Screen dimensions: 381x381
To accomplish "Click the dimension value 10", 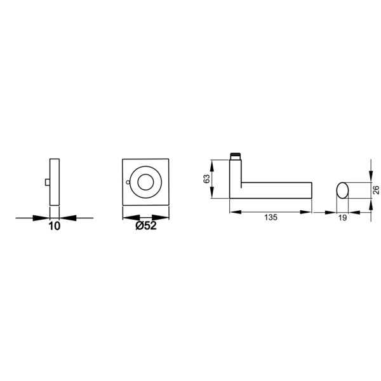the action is (x=55, y=226).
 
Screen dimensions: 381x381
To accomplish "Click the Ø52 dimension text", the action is (x=146, y=226).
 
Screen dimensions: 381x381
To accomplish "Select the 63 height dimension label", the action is (x=206, y=179).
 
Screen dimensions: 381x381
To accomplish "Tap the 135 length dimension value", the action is (x=271, y=217).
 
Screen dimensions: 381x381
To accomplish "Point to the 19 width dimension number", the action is (x=342, y=218).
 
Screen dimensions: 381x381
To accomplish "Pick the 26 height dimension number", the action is (x=376, y=190).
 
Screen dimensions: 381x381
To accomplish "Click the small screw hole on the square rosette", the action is (x=128, y=182).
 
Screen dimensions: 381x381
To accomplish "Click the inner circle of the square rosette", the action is (x=145, y=182).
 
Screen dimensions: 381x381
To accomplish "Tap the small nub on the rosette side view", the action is (x=48, y=182).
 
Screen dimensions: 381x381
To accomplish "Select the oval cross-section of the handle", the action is (x=342, y=190).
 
